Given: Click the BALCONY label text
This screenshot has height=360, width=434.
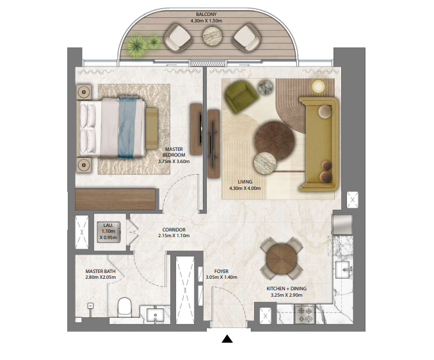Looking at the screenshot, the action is (x=206, y=14).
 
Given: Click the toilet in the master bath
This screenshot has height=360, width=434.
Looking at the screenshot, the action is (x=124, y=308).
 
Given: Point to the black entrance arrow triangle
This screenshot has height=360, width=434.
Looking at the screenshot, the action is (x=227, y=339).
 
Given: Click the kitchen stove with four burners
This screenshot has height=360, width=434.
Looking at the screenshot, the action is (x=305, y=314).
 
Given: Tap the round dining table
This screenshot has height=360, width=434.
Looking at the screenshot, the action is (x=282, y=259).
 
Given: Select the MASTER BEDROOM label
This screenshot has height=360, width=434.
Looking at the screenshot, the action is (x=174, y=152).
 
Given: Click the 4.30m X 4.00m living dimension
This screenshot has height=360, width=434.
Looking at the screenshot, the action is (x=245, y=188).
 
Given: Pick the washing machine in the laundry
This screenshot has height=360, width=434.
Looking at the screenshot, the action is (x=109, y=231).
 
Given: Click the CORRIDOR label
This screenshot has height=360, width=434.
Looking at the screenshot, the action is (x=174, y=230).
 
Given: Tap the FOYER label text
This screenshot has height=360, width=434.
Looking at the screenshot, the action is (x=221, y=271).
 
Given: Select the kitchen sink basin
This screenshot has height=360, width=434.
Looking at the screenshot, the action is (x=344, y=269).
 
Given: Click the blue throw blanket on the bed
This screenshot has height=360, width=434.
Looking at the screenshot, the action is (x=127, y=127).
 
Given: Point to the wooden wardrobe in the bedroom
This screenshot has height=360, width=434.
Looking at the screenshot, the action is (x=115, y=199).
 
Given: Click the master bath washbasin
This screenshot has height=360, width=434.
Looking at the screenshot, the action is (x=156, y=316).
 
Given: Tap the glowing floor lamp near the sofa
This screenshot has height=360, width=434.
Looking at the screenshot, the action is (x=318, y=86).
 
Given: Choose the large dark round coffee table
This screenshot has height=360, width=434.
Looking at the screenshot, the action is (x=275, y=141).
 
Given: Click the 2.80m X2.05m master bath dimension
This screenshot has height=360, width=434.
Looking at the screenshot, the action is (x=100, y=277).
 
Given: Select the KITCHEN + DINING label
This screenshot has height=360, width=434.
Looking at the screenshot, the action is (x=287, y=288).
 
